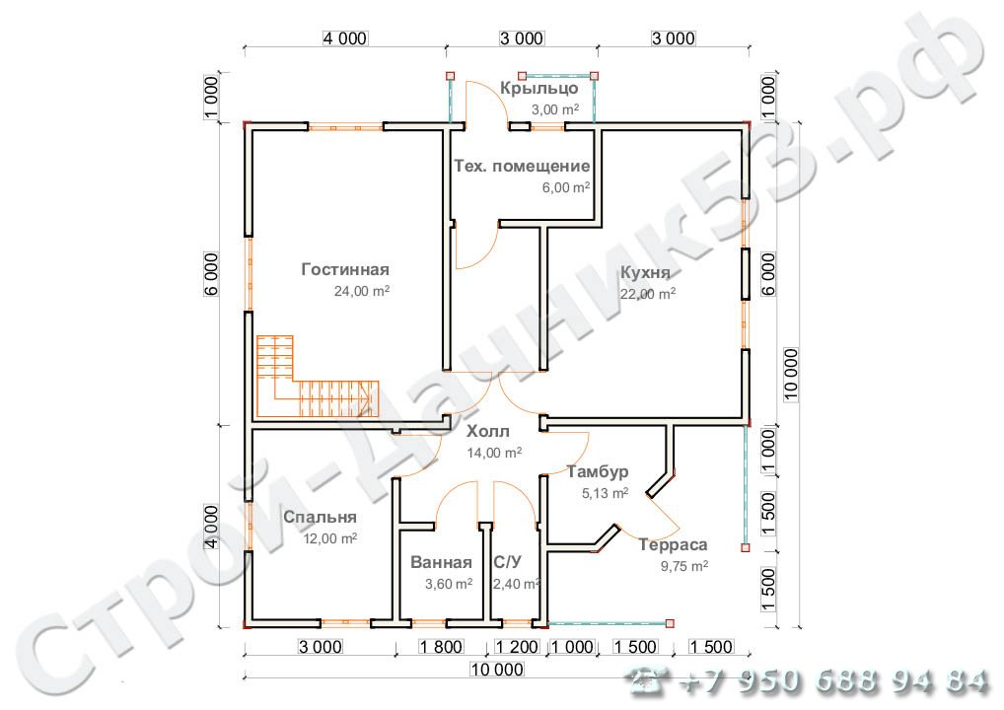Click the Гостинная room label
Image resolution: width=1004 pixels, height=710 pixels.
(345, 269)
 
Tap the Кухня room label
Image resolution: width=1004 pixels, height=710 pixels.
(646, 273)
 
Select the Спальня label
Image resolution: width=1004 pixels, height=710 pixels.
(320, 517)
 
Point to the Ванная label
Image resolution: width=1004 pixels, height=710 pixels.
(442, 563)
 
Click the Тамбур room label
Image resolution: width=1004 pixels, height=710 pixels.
(598, 471)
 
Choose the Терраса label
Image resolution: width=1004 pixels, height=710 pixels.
(673, 544)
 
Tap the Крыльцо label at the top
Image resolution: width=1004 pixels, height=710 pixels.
(538, 89)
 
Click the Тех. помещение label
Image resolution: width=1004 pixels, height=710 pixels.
(522, 166)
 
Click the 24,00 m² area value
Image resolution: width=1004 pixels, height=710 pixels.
(362, 291)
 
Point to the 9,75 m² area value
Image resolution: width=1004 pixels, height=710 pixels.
(684, 566)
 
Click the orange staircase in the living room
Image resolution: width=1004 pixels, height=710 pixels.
(316, 385)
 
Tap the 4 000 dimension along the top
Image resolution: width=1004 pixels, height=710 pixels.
(344, 38)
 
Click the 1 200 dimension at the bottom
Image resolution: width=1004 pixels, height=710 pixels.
(513, 647)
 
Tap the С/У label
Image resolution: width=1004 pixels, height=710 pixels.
(507, 563)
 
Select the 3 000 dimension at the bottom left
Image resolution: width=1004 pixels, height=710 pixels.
(320, 647)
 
